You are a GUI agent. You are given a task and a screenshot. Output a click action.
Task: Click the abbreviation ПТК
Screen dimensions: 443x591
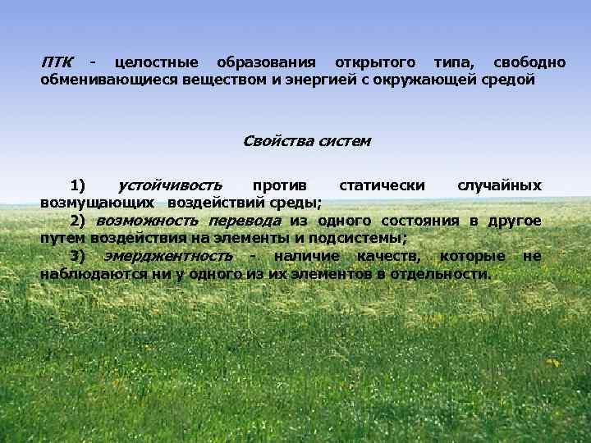tap(57, 63)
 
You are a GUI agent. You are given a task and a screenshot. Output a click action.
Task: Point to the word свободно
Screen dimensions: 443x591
tap(529, 63)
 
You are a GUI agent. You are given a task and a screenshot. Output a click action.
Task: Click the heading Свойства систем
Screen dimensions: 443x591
tap(307, 140)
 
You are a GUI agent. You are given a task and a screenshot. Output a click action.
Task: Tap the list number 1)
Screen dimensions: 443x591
tap(80, 185)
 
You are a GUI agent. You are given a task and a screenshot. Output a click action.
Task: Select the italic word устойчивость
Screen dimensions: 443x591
tap(170, 185)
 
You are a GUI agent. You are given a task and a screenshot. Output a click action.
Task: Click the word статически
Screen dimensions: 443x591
tap(382, 185)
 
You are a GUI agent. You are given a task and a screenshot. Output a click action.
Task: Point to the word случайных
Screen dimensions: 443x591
tap(499, 185)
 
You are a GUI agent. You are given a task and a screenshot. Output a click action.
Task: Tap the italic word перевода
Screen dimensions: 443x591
tap(245, 221)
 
